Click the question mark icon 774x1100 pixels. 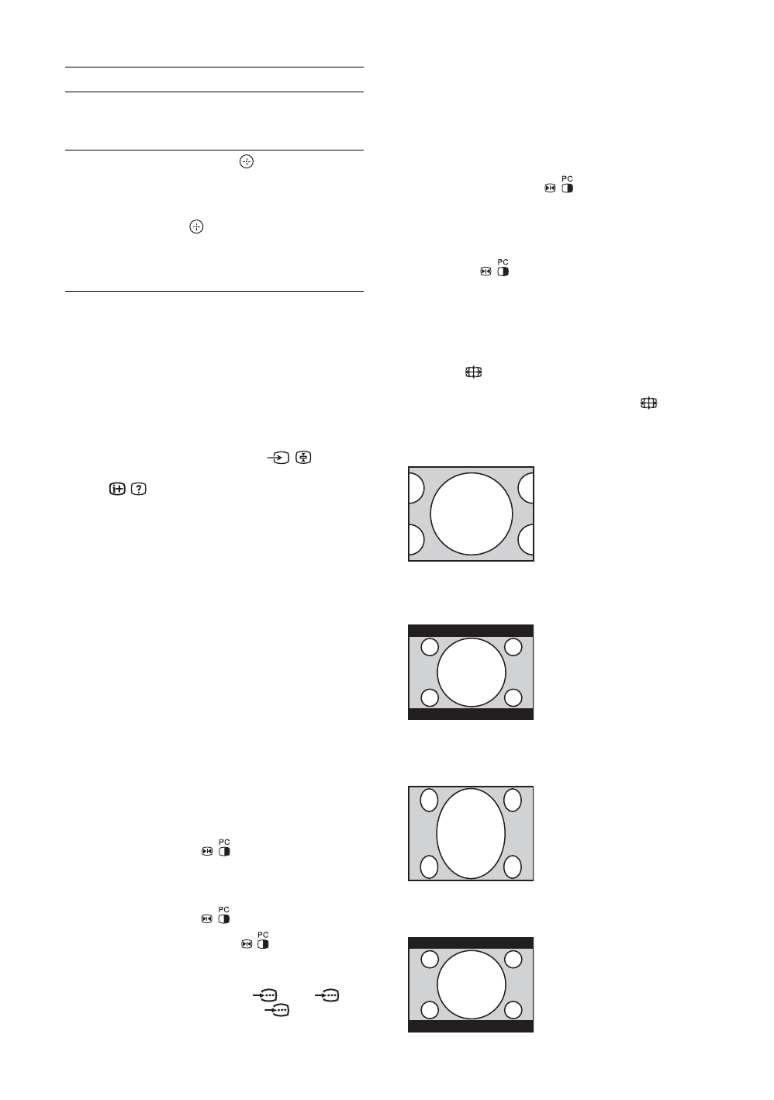pos(140,489)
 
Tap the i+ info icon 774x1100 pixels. pos(118,489)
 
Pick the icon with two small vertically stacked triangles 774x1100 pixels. pos(303,458)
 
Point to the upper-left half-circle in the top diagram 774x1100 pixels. pos(416,488)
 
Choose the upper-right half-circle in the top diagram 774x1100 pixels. pos(527,488)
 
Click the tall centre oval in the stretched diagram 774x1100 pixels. pos(471,833)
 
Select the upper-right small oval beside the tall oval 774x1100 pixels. pos(512,800)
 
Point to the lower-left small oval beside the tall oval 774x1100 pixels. pos(429,867)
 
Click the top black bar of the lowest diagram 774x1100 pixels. pos(471,943)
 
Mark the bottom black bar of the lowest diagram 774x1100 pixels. pos(471,1026)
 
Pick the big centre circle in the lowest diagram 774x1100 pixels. pos(471,984)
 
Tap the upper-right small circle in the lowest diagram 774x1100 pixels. pos(512,960)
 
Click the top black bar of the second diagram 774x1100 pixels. pos(471,630)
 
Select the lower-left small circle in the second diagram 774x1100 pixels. pos(429,697)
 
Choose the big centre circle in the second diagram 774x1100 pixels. pos(471,672)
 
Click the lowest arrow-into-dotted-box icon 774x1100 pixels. pos(278,1010)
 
